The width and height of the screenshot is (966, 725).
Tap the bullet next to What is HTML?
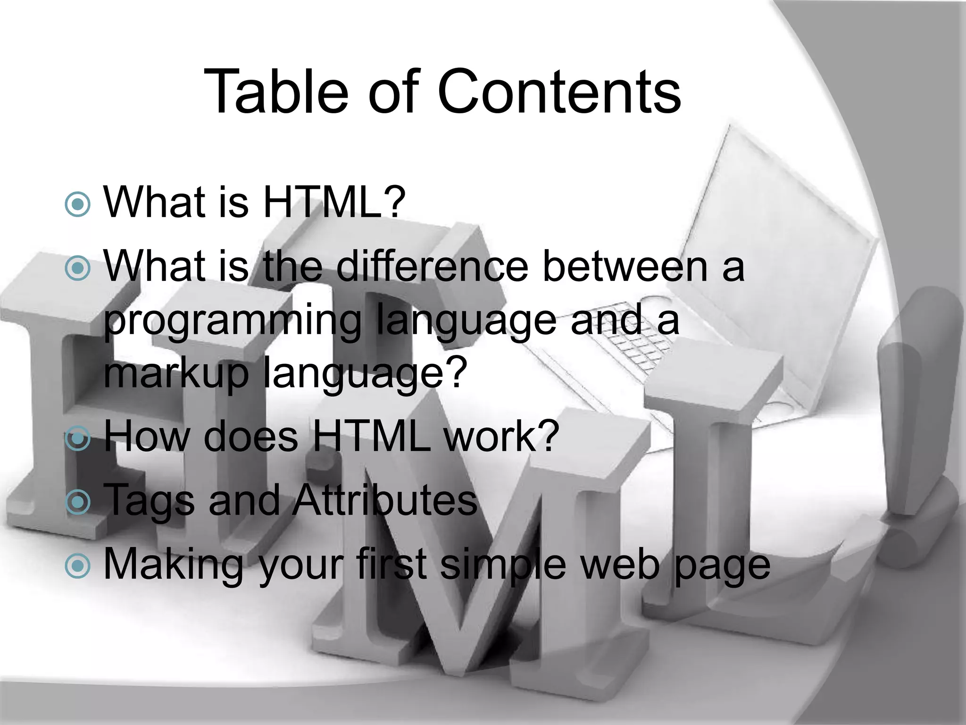(77, 204)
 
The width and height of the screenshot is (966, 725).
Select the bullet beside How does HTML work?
(77, 438)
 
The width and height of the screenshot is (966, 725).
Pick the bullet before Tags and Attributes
(77, 502)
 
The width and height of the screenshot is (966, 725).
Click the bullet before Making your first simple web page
(77, 565)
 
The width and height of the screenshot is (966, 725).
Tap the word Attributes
(384, 500)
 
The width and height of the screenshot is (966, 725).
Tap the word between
(625, 267)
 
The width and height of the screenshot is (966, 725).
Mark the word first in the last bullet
(391, 564)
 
